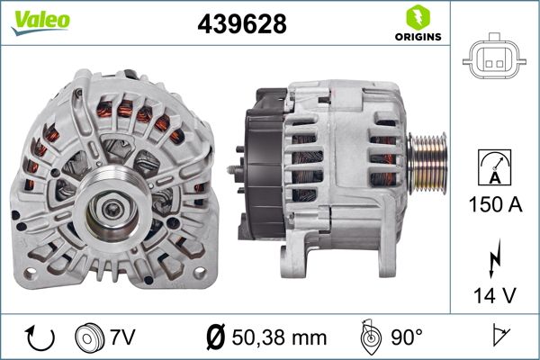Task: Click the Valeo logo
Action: [40, 22]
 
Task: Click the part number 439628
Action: [242, 23]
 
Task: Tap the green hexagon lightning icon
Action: [418, 17]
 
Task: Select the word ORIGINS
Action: [418, 37]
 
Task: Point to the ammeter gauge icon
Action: [494, 167]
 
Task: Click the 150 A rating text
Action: [495, 204]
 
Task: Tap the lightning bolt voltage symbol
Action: [494, 258]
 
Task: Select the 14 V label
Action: [495, 295]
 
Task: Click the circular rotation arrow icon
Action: [40, 337]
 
